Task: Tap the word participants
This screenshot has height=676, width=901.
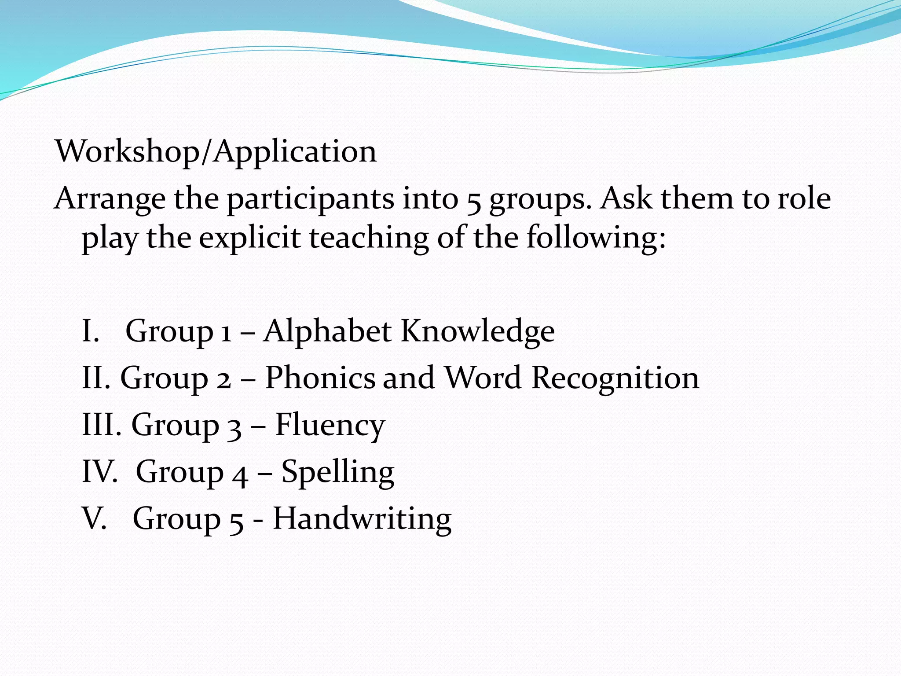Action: pos(310,199)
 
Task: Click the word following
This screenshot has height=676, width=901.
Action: pos(596,238)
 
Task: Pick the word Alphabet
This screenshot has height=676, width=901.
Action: pos(327,331)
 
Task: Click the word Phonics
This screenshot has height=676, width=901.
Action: pos(320,378)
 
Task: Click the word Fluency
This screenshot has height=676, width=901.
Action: pos(330,425)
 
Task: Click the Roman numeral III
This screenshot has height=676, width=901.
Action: pos(101,425)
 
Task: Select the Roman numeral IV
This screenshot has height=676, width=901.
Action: pos(99,472)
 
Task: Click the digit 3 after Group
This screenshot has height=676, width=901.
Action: pos(234,427)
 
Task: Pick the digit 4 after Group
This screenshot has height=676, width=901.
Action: pos(240,474)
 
